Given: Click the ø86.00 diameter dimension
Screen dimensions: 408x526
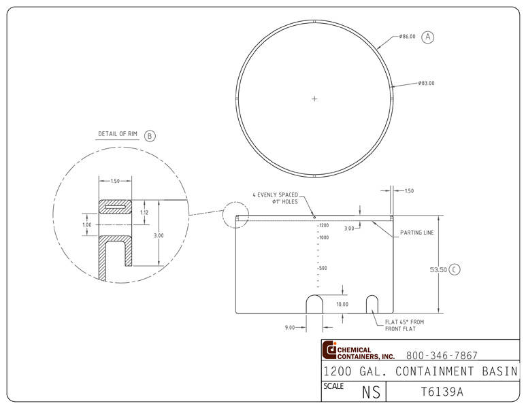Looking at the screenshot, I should (x=408, y=37).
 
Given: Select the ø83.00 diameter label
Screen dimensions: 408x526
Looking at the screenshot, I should (x=427, y=84).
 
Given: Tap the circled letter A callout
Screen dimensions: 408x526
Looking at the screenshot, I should (x=428, y=37).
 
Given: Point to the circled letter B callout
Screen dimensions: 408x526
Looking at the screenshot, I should (x=150, y=135).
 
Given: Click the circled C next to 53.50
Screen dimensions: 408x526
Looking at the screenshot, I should (x=455, y=269).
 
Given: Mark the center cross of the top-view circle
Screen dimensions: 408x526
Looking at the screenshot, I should (x=314, y=99).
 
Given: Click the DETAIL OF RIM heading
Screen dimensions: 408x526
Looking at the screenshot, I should (x=118, y=134).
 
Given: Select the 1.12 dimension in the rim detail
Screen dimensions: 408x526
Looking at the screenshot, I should (x=144, y=212).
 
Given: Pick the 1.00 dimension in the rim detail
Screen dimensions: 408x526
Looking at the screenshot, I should (x=86, y=225).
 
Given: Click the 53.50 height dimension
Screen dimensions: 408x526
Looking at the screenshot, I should (x=438, y=269).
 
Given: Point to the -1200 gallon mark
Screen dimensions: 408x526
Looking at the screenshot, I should (x=323, y=225).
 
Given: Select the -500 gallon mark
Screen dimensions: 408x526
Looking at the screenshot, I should (x=322, y=268).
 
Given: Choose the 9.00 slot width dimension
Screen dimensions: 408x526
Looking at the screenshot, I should (x=289, y=327).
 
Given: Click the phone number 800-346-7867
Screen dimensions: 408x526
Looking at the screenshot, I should (x=442, y=355).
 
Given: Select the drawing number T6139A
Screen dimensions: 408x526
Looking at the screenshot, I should (x=441, y=392).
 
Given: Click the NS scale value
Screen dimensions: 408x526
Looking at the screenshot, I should (x=370, y=392).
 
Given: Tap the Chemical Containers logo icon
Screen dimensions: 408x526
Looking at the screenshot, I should (x=330, y=350).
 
